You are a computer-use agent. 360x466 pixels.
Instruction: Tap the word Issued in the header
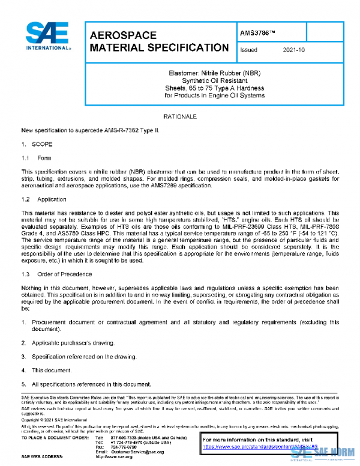(x=248, y=50)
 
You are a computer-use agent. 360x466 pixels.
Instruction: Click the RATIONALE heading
(x=180, y=115)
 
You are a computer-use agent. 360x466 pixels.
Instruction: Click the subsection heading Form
(x=44, y=159)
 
